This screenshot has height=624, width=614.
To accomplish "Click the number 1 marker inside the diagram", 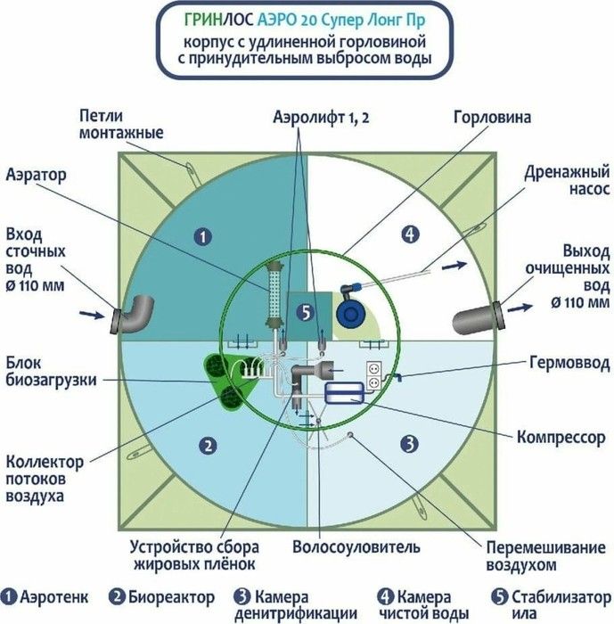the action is [203, 237].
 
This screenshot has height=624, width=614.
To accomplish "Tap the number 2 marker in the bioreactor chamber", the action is [209, 446].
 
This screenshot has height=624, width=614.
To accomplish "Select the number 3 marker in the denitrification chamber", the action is [410, 443].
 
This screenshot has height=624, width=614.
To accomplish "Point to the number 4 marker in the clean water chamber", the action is [410, 234].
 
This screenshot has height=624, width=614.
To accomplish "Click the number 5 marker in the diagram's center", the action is [306, 313].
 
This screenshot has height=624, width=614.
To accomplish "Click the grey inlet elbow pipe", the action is [133, 314].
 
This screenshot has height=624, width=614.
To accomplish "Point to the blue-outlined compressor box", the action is [344, 393].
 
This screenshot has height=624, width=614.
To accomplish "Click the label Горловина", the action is [492, 118].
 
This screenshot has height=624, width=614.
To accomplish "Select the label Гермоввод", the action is [569, 363].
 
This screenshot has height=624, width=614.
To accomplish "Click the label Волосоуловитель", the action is [356, 547].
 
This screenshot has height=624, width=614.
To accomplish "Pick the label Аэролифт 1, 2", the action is [321, 118].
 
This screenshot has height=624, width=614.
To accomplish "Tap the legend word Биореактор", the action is [171, 597].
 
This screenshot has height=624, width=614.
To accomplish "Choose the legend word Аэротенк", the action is [53, 597].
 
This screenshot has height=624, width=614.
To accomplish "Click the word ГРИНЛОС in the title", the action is [218, 20].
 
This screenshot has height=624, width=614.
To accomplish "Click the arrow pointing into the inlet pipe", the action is [92, 315].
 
